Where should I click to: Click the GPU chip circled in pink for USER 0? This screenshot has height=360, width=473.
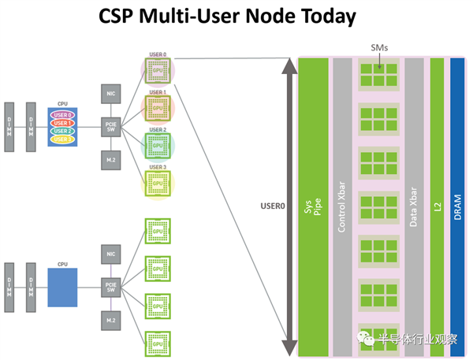pos(158,70)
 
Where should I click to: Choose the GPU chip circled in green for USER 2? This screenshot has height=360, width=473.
pos(158,147)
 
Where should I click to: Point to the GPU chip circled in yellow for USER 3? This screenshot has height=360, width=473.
pos(158,184)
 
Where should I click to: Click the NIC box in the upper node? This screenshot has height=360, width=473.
pos(110,94)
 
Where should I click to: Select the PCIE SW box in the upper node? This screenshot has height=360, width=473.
pos(110,127)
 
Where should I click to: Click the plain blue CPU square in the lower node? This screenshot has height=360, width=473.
pos(62,286)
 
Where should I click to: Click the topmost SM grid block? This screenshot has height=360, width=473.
pos(378,76)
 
